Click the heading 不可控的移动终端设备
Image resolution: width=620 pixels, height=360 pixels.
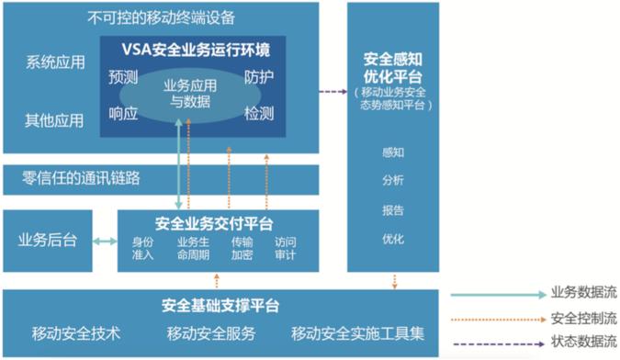[x=161, y=17]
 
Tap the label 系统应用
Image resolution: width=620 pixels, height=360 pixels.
[x=55, y=63]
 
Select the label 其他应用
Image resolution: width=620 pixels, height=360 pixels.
[x=55, y=120]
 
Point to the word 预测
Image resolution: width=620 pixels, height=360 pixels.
[x=123, y=77]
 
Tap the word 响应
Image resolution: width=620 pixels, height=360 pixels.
[x=123, y=114]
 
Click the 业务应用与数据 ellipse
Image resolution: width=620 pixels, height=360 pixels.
[x=190, y=95]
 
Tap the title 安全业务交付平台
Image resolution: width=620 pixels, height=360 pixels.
[x=217, y=223]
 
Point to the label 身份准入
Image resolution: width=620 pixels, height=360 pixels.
[x=144, y=248]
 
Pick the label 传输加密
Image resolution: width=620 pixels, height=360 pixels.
[x=242, y=248]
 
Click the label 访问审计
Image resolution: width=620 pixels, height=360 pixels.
[x=286, y=248]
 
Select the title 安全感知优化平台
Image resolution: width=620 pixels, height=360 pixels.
[x=392, y=67]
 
